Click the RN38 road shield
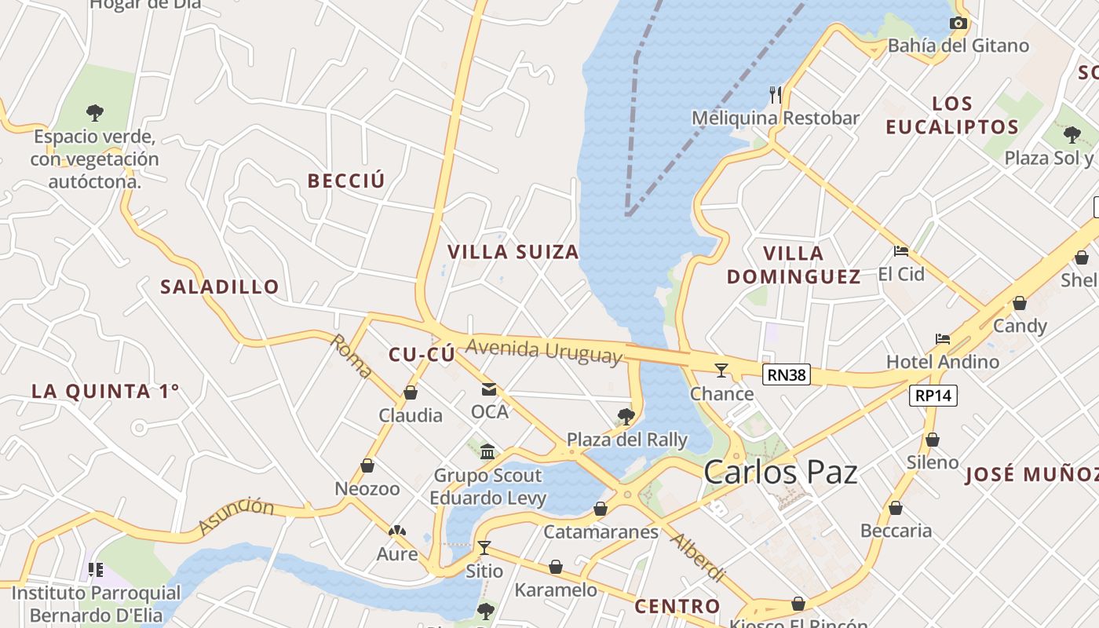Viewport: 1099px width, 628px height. pyautogui.click(x=787, y=374)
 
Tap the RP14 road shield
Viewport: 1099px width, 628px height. pyautogui.click(x=933, y=395)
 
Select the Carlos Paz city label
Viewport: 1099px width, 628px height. pyautogui.click(x=780, y=473)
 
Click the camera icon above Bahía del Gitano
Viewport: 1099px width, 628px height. pyautogui.click(x=958, y=24)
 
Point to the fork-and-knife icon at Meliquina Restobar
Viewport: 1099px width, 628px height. pyautogui.click(x=776, y=95)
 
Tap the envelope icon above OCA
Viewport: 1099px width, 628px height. pyautogui.click(x=489, y=389)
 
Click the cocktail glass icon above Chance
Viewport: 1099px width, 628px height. pyautogui.click(x=721, y=371)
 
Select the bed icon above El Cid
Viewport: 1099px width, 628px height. pyautogui.click(x=901, y=251)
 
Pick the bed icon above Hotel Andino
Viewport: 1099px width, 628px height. pyautogui.click(x=943, y=339)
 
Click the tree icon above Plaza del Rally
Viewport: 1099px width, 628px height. pyautogui.click(x=626, y=416)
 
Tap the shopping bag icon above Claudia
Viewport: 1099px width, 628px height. pyautogui.click(x=410, y=392)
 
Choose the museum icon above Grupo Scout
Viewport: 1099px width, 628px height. pyautogui.click(x=487, y=451)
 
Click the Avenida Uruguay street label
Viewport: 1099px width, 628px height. pyautogui.click(x=543, y=350)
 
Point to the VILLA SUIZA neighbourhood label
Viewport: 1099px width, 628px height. pyautogui.click(x=513, y=252)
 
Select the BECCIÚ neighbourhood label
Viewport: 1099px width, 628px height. pyautogui.click(x=346, y=181)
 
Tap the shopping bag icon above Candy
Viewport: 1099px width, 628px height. pyautogui.click(x=1020, y=303)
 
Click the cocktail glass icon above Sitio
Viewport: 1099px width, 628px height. pyautogui.click(x=484, y=547)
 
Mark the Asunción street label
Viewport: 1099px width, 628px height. pyautogui.click(x=235, y=516)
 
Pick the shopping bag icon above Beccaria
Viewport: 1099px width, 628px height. pyautogui.click(x=896, y=509)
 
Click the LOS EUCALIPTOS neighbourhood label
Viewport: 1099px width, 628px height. pyautogui.click(x=951, y=115)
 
